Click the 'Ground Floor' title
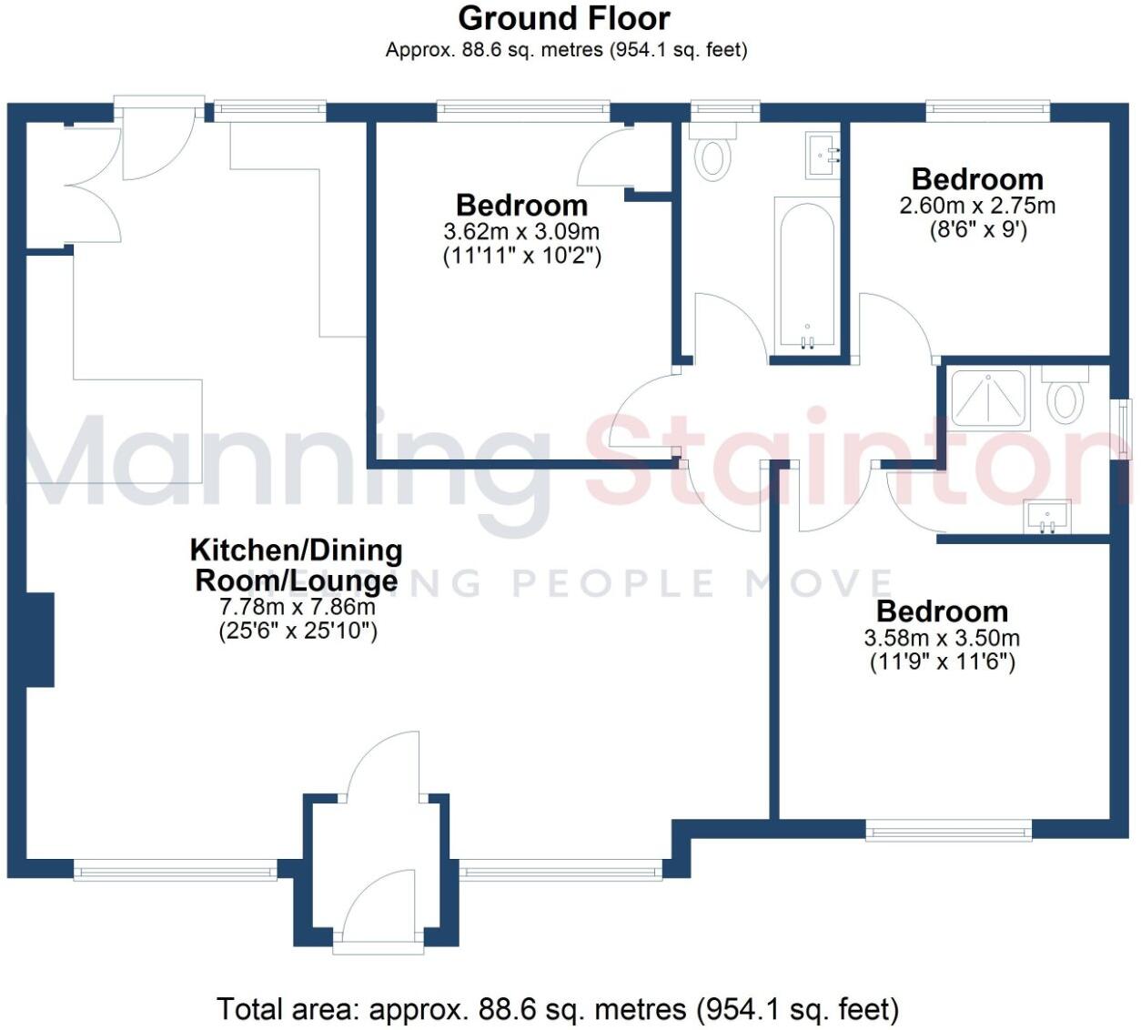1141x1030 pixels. [563, 18]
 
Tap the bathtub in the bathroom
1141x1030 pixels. [805, 273]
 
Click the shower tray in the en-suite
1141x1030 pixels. [989, 398]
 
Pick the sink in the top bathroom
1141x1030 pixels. [823, 156]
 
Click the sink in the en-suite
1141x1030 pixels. [1047, 518]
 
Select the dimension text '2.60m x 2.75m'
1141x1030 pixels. [977, 206]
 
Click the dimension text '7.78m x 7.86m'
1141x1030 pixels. [298, 606]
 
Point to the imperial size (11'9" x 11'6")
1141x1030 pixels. [942, 661]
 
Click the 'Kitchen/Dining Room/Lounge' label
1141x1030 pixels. [296, 564]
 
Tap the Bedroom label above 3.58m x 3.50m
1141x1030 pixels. [942, 611]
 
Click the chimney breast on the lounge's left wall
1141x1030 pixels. [40, 640]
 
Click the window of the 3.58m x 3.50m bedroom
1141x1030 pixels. [948, 829]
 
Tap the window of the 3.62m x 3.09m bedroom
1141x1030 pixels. [522, 111]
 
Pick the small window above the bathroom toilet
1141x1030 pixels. [724, 111]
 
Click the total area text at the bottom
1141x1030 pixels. [558, 1009]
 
